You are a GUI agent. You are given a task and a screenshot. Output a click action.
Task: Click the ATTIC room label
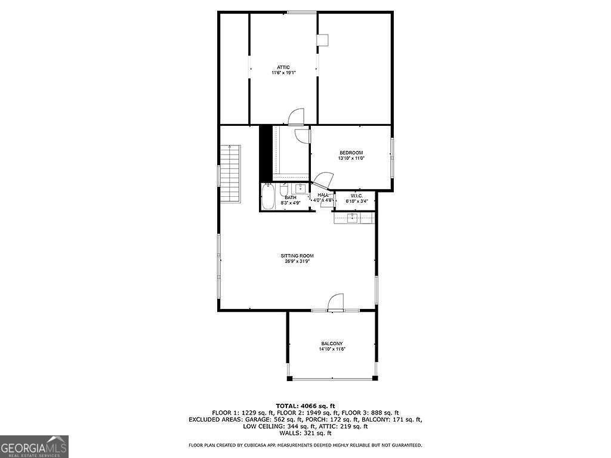pyautogui.click(x=283, y=67)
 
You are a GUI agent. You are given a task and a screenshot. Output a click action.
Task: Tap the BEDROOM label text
pyautogui.click(x=351, y=153)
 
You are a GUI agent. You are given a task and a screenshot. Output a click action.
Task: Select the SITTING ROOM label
pyautogui.click(x=297, y=256)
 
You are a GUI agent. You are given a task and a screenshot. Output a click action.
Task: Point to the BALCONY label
pyautogui.click(x=332, y=343)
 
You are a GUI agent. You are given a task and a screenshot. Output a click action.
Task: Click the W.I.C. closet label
pyautogui.click(x=357, y=196)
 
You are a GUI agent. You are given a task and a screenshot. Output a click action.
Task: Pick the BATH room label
pyautogui.click(x=290, y=197)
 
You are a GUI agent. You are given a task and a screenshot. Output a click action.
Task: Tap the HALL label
pyautogui.click(x=323, y=195)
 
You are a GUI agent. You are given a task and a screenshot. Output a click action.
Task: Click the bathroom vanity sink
pyautogui.click(x=302, y=189)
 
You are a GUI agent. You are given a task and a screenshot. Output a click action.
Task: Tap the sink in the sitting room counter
pyautogui.click(x=353, y=218)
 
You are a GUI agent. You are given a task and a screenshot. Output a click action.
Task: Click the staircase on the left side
pyautogui.click(x=230, y=174)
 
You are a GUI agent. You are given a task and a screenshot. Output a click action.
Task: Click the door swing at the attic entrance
pyautogui.click(x=296, y=117)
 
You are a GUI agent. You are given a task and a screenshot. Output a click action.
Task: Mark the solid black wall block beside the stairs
pyautogui.click(x=266, y=153)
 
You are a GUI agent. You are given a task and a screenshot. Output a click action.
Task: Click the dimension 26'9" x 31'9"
pyautogui.click(x=297, y=261)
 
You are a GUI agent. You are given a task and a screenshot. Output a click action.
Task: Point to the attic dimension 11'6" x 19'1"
pyautogui.click(x=283, y=73)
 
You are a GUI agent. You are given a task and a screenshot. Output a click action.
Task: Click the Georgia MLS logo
pyautogui.click(x=34, y=446)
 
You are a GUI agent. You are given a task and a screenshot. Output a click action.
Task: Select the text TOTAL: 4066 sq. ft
pyautogui.click(x=305, y=406)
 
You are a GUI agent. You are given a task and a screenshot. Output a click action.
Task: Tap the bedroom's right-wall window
pyautogui.click(x=392, y=157)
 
